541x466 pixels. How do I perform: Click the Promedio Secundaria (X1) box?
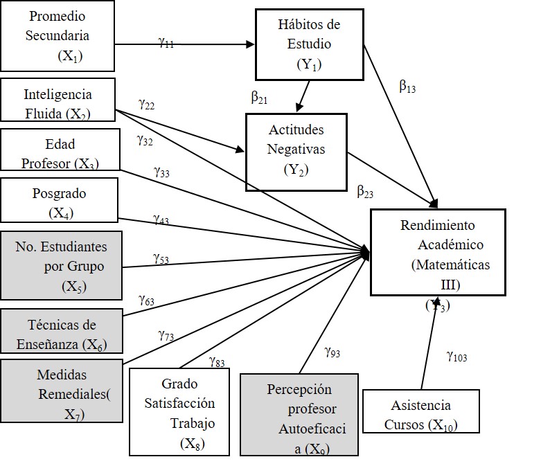pos(57,35)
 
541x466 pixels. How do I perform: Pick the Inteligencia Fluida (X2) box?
pos(57,102)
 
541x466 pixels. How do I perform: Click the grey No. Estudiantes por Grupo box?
pos(61,265)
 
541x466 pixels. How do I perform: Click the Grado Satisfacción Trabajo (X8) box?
pos(179,413)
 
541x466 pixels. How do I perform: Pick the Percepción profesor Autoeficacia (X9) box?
pos(299,415)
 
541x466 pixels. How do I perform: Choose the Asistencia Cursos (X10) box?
pos(420,413)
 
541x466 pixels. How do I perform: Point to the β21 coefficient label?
pos(259,98)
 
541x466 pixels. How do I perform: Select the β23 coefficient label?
pos(365,191)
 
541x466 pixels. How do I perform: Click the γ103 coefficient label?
pos(456,357)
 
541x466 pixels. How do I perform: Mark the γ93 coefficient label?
pos(332,352)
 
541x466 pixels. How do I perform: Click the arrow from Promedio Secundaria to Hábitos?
pos(208,45)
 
